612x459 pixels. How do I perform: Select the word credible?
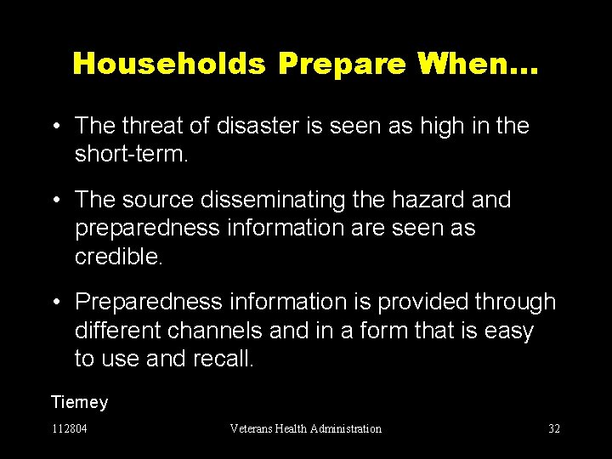point(118,258)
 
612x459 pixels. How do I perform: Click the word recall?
point(224,359)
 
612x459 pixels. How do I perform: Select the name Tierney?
point(79,401)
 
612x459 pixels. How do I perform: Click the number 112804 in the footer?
point(69,428)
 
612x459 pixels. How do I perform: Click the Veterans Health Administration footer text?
point(305,428)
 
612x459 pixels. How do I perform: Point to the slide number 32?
point(553,428)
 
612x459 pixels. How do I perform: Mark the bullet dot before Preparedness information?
point(56,303)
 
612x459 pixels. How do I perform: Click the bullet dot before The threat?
point(56,127)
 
